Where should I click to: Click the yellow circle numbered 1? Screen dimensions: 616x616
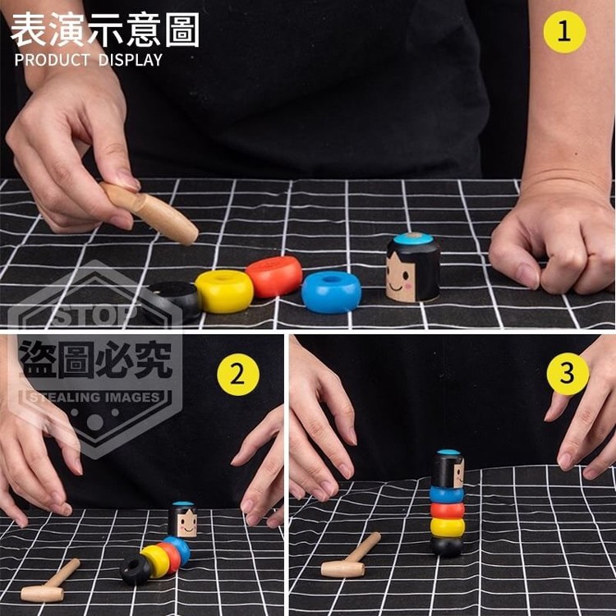[x=564, y=32]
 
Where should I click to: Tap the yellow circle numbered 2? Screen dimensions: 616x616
[x=238, y=375]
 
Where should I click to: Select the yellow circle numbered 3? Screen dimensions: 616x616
[x=568, y=374]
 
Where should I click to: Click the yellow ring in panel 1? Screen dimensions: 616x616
[x=224, y=291]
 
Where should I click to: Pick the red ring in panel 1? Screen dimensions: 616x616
[x=274, y=276]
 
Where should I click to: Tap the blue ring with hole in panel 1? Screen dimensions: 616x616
[x=331, y=292]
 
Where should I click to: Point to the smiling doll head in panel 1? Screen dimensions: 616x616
[x=412, y=268]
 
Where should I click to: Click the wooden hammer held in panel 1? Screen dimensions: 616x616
[x=149, y=212]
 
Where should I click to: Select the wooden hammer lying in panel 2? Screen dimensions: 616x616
[x=50, y=581]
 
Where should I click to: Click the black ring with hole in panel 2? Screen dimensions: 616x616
[x=136, y=569]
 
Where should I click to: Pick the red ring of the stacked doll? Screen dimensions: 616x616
[x=447, y=510]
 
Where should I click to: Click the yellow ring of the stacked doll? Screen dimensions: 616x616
[x=447, y=527]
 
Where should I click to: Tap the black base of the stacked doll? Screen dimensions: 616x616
[x=447, y=546]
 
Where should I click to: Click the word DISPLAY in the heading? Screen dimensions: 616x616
[x=131, y=60]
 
